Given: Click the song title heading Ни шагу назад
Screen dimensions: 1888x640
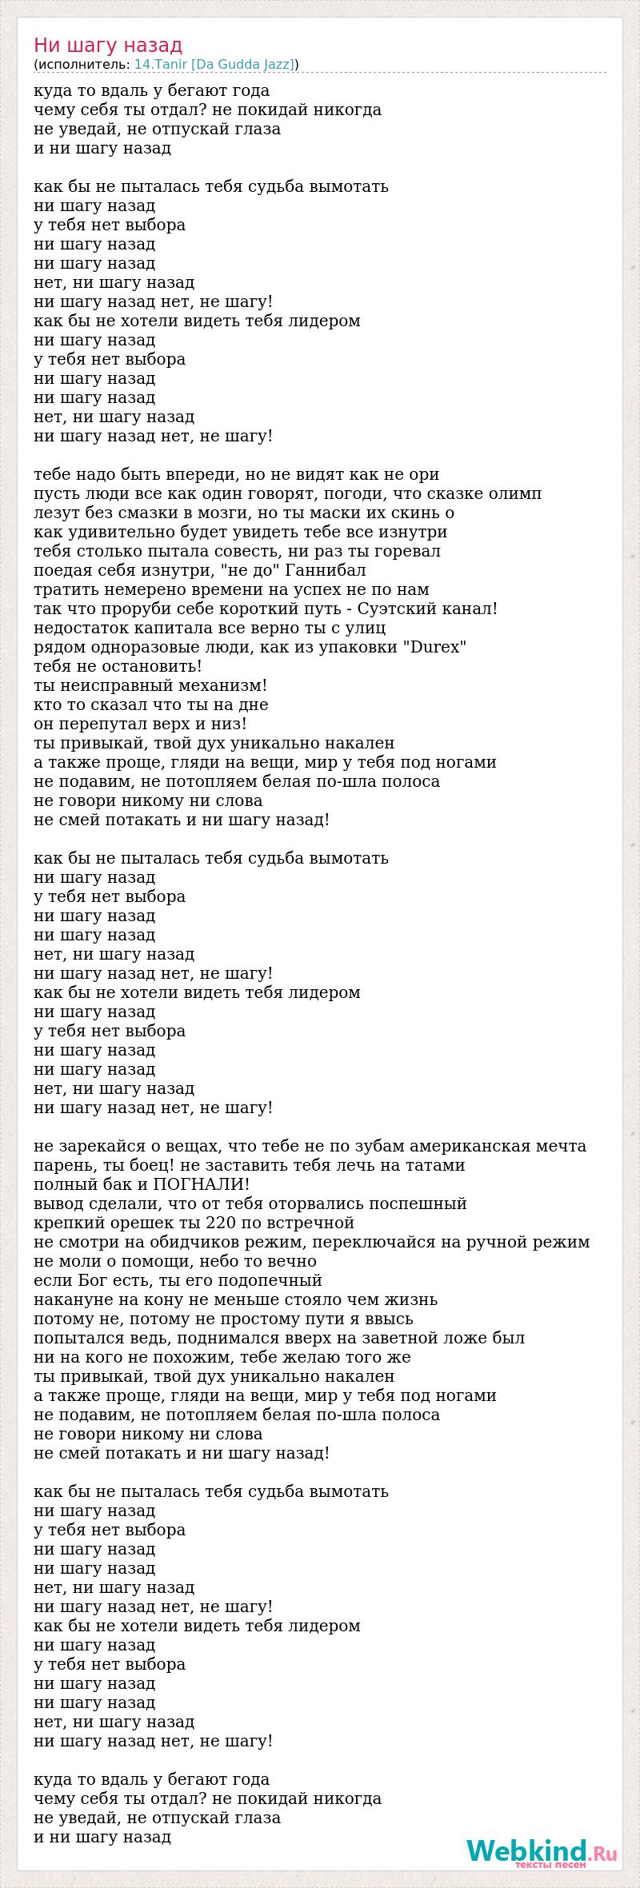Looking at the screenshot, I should pos(108,46).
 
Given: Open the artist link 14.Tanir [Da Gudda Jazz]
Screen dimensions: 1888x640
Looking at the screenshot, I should pos(214,65).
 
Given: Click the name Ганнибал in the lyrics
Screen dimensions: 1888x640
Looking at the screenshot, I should pos(330,570).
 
